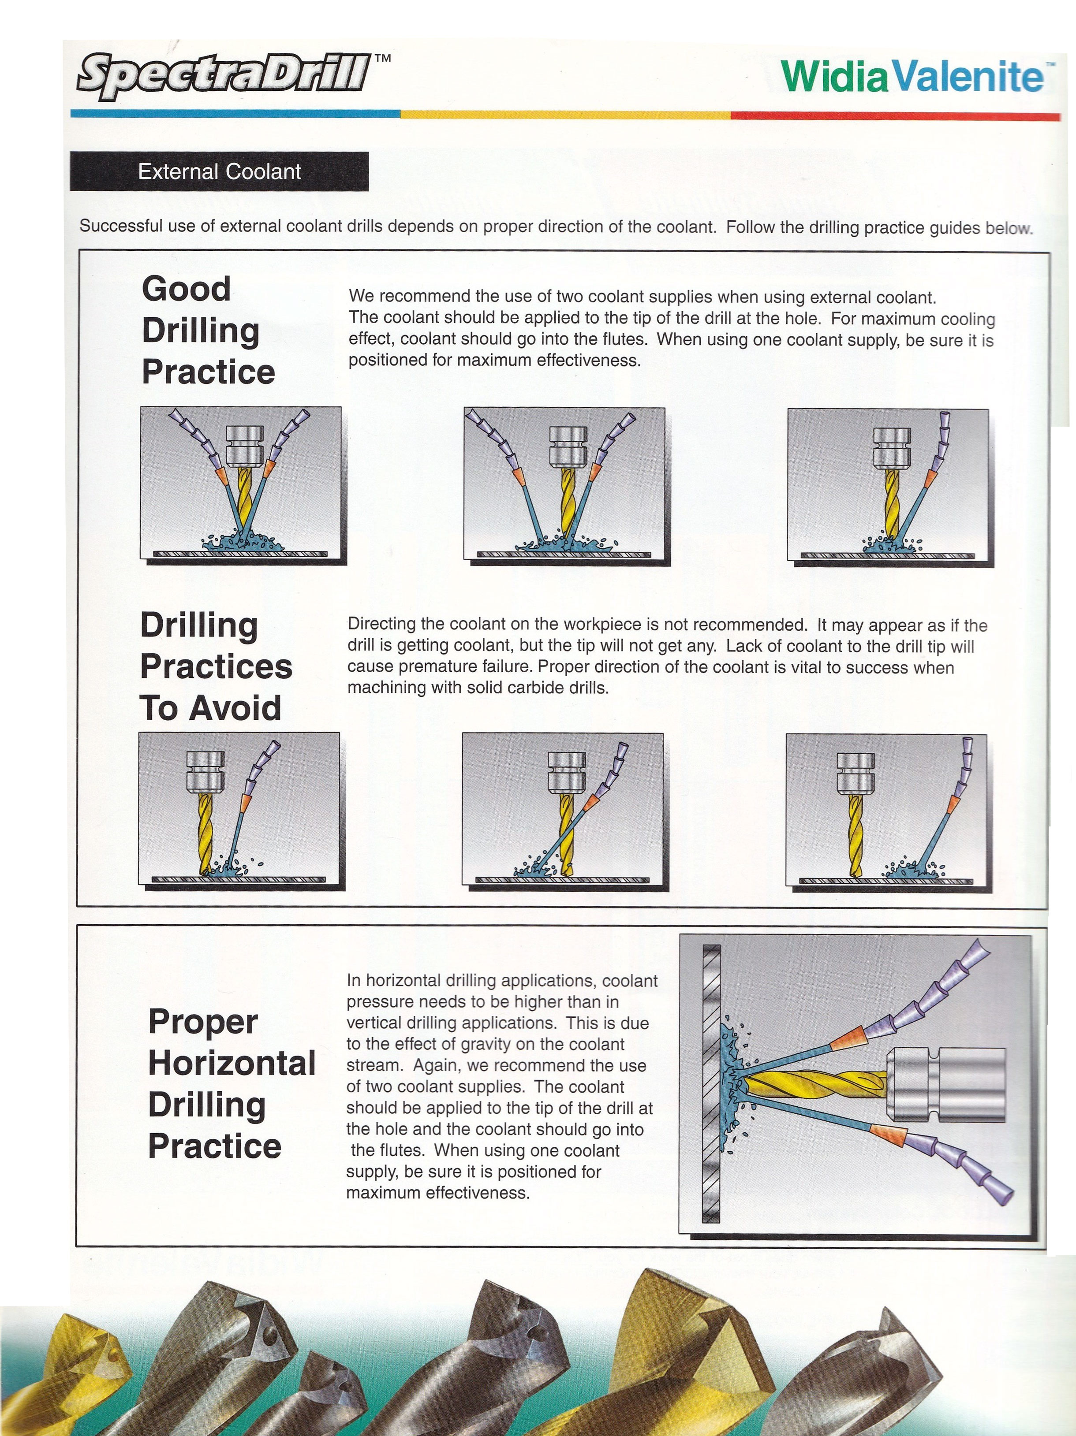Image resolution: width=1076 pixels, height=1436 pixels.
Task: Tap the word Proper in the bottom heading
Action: pyautogui.click(x=202, y=1021)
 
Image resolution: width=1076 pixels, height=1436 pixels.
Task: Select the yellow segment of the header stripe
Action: pyautogui.click(x=565, y=114)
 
